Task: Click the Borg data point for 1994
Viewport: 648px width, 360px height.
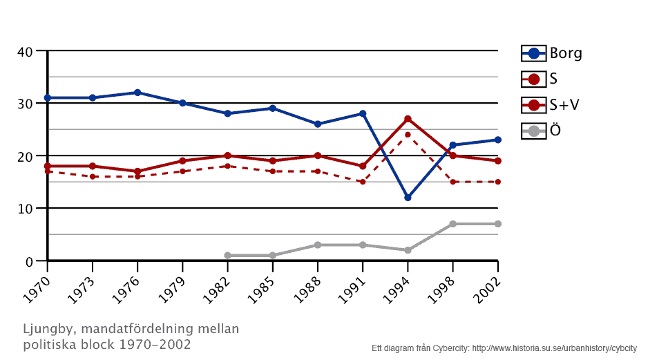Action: point(408,198)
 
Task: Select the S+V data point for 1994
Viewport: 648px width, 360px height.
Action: point(408,119)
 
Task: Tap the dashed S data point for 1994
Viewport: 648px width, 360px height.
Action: point(408,135)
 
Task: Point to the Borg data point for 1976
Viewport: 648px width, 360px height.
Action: point(137,93)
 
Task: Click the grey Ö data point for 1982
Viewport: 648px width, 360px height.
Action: point(227,256)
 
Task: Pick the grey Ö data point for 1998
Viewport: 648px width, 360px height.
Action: point(452,224)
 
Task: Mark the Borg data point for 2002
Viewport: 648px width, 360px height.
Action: point(497,140)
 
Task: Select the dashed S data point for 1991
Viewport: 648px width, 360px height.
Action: point(363,182)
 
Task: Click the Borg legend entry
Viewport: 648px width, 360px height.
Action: point(551,53)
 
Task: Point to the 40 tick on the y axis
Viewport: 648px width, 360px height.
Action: point(26,52)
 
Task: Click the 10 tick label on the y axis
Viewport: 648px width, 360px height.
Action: point(26,209)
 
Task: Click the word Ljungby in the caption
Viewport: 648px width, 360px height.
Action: point(46,330)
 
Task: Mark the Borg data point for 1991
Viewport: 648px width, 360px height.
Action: point(363,113)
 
